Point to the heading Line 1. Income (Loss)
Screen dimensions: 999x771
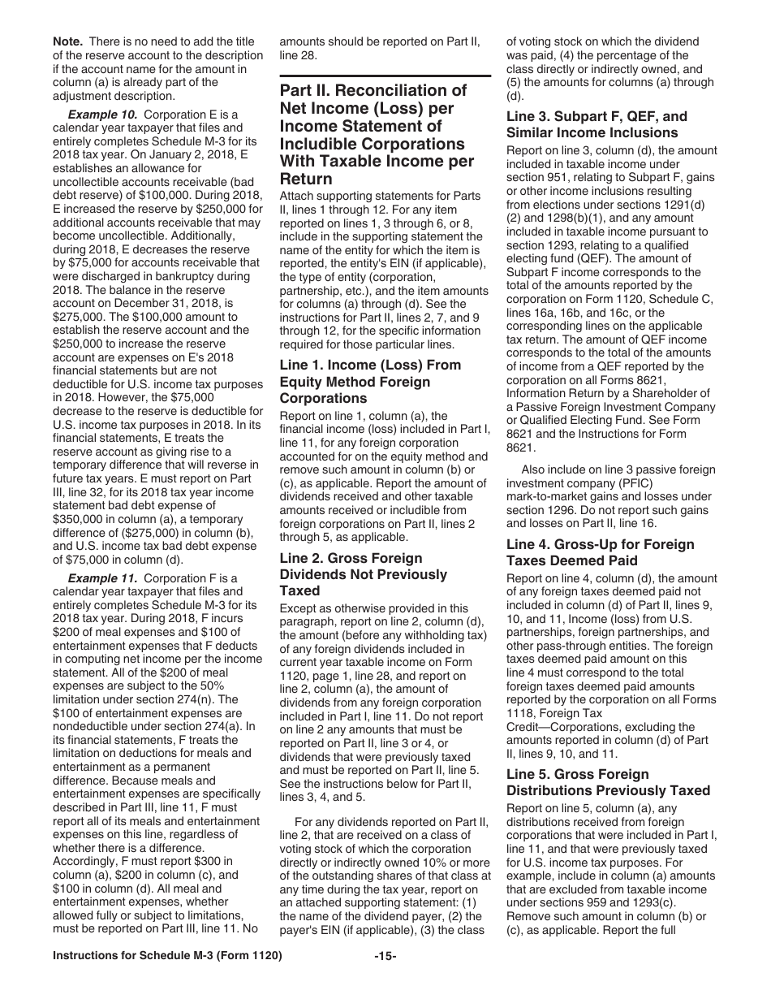[x=370, y=365]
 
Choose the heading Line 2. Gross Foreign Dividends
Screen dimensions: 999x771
[x=351, y=558]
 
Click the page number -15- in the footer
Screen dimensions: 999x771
[x=385, y=980]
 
